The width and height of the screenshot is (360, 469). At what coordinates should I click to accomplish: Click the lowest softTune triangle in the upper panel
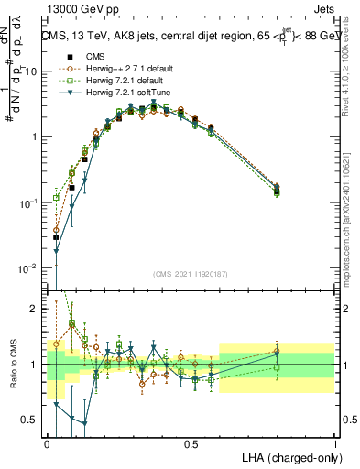pos(56,251)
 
